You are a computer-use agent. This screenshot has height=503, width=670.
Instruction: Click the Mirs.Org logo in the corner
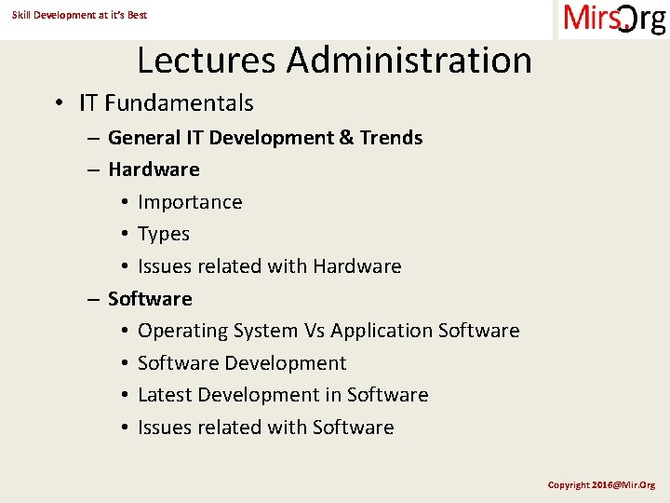point(614,20)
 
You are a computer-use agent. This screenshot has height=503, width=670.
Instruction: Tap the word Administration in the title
point(409,61)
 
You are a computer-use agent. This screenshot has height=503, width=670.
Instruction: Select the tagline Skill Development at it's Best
point(79,15)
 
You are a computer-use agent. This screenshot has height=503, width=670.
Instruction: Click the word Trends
point(391,138)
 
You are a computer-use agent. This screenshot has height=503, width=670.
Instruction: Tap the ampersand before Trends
point(346,138)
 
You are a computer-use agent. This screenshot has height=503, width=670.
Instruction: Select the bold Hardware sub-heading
point(154,170)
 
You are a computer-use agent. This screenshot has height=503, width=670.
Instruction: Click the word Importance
point(190,202)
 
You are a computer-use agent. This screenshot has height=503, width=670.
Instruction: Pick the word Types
point(164,234)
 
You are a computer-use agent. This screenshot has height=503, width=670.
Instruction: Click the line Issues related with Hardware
point(269,266)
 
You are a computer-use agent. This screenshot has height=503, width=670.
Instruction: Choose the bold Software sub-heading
point(150,299)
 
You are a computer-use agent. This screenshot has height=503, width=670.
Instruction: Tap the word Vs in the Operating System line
point(314,331)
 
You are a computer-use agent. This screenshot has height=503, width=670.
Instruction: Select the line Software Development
point(242,363)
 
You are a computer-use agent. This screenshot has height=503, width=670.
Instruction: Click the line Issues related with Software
point(265,428)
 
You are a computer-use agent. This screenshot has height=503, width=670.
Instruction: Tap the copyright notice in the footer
point(601,484)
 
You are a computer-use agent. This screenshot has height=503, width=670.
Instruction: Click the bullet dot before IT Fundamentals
point(59,103)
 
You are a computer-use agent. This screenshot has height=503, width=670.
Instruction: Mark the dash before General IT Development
point(94,139)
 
